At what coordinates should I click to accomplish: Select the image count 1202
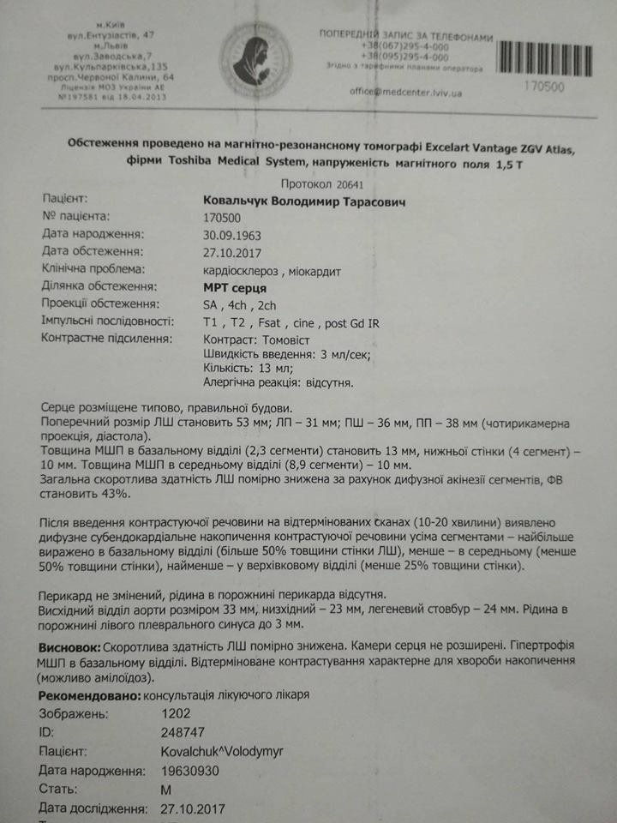[177, 712]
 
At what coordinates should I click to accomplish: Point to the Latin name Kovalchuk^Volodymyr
[222, 751]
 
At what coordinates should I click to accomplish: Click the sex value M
[166, 789]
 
